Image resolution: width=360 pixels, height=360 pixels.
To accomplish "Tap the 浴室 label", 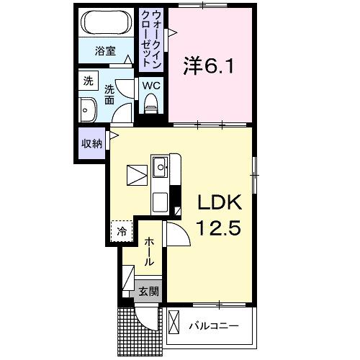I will coord(106,51).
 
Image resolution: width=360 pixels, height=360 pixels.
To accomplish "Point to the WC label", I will coord(151,85).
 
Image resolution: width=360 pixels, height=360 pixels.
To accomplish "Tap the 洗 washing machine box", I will coord(87,81).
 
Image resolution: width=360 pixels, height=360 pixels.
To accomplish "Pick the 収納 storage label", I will coord(91,143).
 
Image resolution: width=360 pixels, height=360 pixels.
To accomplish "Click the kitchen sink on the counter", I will coord(160,169).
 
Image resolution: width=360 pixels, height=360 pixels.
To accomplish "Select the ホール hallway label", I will coord(148,253).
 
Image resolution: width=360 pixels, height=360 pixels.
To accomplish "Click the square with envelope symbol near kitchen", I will coord(137,175).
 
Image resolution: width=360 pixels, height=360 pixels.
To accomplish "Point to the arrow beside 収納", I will coord(112,134).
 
